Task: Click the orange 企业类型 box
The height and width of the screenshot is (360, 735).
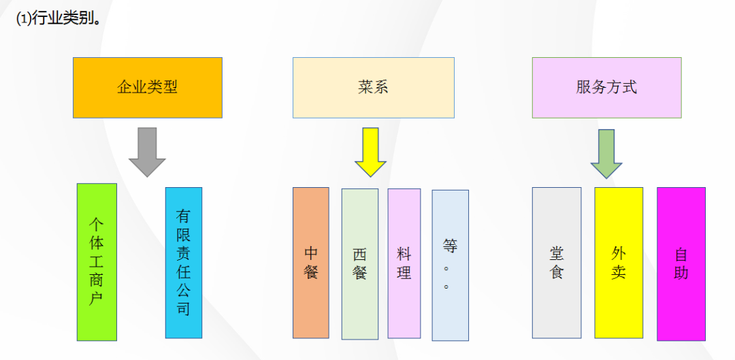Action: [148, 88]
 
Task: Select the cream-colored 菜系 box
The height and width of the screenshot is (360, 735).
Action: [374, 88]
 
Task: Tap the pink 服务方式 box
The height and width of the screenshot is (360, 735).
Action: [606, 88]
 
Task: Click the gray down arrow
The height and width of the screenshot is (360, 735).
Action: [147, 152]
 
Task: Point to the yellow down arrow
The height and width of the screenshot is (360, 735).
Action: [371, 152]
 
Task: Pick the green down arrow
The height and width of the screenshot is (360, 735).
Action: [606, 153]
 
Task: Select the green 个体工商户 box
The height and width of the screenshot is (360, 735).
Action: [97, 262]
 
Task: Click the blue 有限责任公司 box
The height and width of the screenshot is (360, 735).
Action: [184, 263]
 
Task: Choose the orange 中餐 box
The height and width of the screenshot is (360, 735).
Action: [311, 263]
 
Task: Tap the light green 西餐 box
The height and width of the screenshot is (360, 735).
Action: [360, 264]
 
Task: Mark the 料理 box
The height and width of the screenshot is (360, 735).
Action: [404, 263]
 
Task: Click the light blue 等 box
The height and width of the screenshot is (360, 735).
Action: [450, 265]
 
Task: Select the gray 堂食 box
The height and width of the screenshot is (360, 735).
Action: [557, 263]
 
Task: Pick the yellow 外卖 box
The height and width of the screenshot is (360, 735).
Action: [619, 263]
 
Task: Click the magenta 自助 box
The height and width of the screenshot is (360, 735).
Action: [681, 264]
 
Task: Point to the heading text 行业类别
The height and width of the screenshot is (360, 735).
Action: [64, 18]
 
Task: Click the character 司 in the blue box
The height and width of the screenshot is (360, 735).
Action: [184, 310]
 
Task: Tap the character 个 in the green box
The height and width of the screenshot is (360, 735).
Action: [97, 224]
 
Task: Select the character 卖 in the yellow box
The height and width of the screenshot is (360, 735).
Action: [619, 273]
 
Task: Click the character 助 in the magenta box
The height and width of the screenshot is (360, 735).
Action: [681, 274]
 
